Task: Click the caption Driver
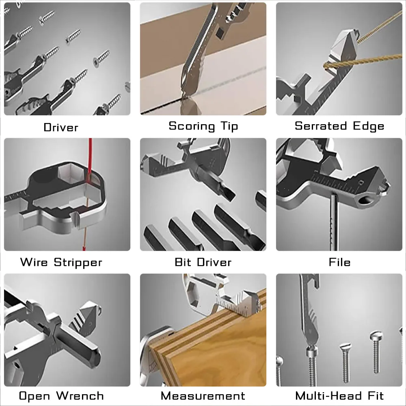61,127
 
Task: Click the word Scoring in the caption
192,126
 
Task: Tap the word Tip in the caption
229,126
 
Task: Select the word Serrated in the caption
321,126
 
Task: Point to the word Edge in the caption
369,126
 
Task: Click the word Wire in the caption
34,262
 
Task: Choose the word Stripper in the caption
78,263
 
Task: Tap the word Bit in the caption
183,262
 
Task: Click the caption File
339,262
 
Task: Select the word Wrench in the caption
80,395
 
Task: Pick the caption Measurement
203,395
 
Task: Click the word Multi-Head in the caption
328,395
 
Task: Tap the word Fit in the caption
376,395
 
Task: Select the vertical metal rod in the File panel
334,222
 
